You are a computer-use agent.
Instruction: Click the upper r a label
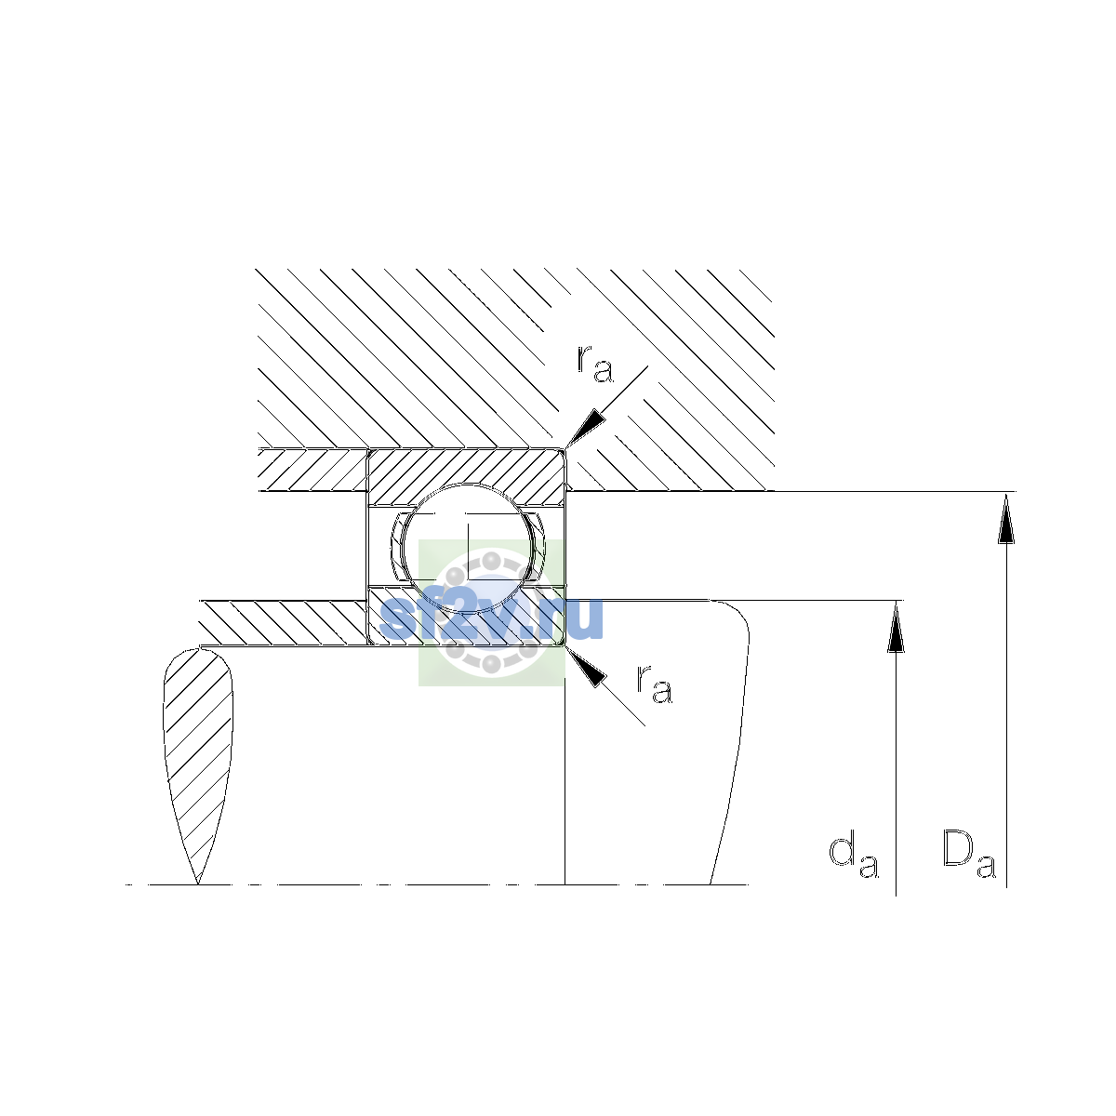594,365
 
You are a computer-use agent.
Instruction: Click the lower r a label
655,684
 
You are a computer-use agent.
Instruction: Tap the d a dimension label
853,863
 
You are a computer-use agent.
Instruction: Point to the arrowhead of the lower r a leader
585,667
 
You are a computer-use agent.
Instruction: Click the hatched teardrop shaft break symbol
198,765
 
